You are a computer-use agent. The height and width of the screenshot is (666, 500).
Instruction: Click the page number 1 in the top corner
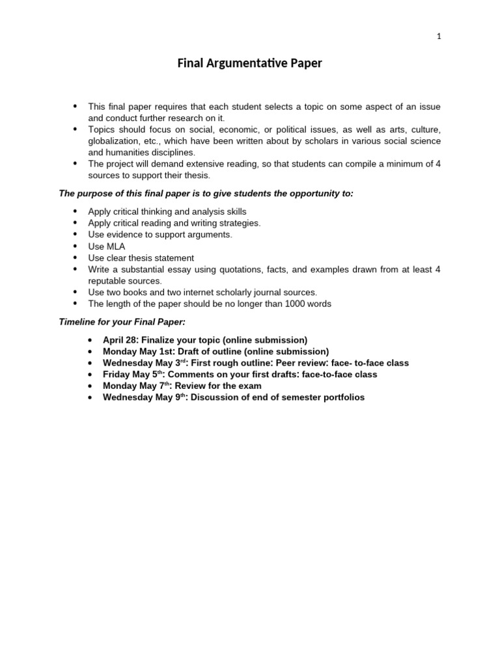(x=439, y=36)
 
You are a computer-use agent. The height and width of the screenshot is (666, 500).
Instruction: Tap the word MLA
(x=116, y=246)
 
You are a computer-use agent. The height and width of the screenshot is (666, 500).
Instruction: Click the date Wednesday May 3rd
(x=143, y=363)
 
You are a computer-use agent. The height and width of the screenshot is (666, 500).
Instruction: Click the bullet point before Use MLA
(x=75, y=246)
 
